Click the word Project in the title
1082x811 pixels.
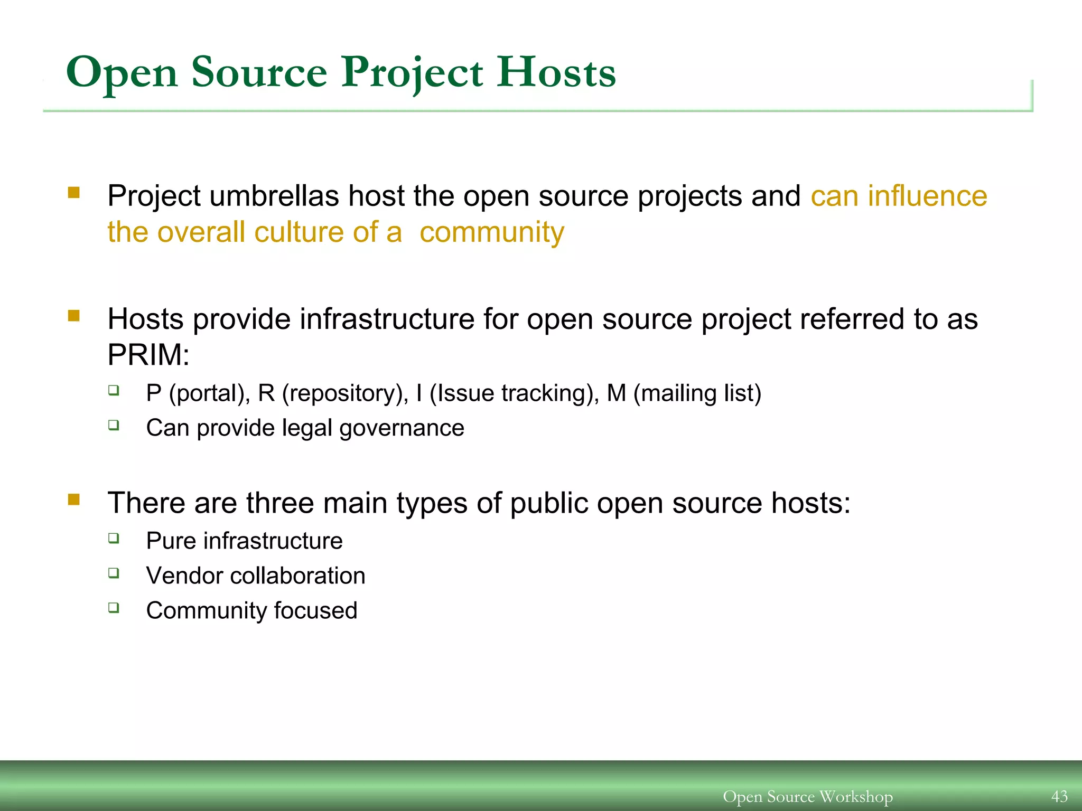click(x=412, y=72)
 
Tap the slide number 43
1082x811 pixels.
click(x=1059, y=796)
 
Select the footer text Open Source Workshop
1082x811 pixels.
click(x=807, y=796)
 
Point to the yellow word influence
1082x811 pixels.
click(x=927, y=196)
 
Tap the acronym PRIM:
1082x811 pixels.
click(x=148, y=354)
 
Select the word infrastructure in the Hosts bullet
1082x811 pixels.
click(x=387, y=319)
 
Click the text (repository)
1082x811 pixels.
click(x=345, y=393)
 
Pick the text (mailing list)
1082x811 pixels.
click(x=697, y=393)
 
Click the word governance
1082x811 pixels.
click(x=402, y=428)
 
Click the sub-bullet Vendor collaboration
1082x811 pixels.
click(x=256, y=576)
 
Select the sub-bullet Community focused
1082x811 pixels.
click(x=251, y=610)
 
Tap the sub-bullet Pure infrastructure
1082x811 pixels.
click(x=244, y=541)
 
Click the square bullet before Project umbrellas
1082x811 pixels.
click(x=74, y=192)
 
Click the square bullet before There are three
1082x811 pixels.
click(x=74, y=499)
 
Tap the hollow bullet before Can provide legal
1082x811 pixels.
click(x=114, y=425)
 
